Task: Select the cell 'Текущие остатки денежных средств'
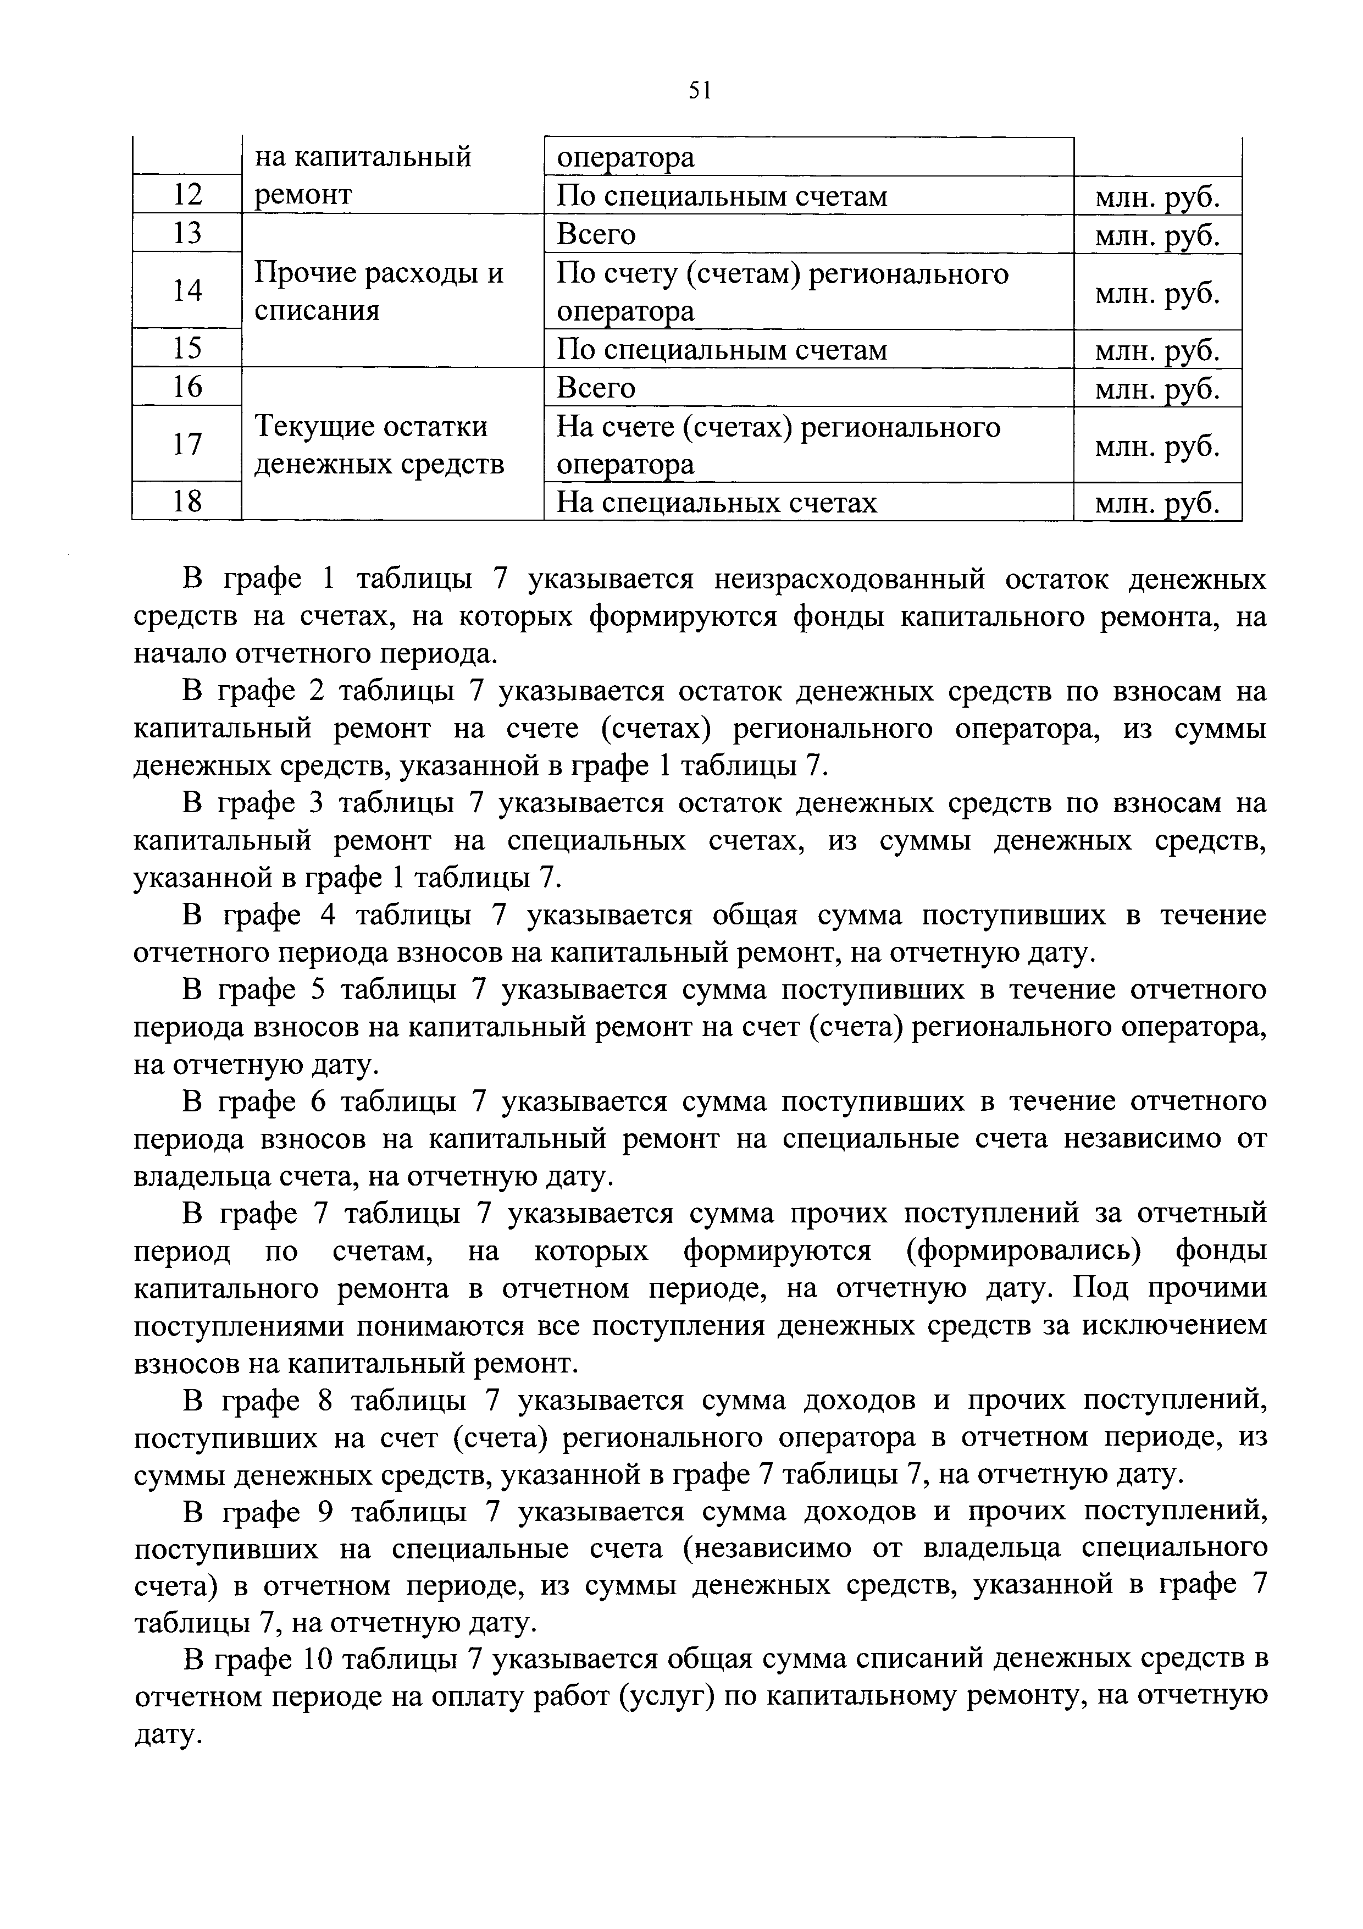coord(380,444)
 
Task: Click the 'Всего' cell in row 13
coord(596,234)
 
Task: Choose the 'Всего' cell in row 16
coord(596,387)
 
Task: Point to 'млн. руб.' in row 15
coord(1156,350)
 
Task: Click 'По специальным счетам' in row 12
coord(722,196)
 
